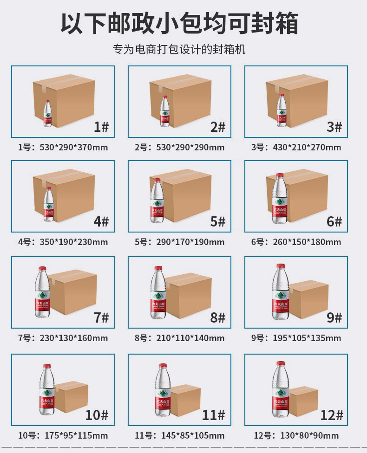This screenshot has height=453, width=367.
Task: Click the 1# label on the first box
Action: point(101,127)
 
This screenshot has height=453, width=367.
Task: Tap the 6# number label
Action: point(334,221)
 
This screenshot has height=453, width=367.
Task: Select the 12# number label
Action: point(331,414)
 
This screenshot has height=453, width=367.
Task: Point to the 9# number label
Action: point(334,317)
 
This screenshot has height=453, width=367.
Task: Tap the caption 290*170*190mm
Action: point(193,242)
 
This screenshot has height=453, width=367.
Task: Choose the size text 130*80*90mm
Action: point(309,435)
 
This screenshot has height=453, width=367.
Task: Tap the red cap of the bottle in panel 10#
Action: point(46,367)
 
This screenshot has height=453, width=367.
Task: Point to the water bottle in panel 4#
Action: point(48,204)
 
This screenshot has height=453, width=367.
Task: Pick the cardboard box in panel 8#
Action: point(188,295)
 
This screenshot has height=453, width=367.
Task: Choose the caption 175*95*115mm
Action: point(76,435)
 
